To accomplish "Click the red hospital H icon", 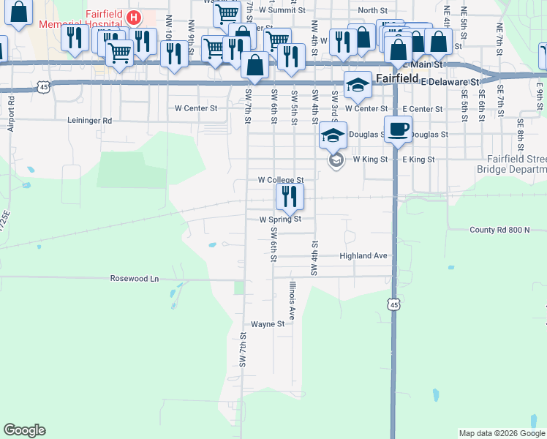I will [x=134, y=17].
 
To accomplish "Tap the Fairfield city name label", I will [x=396, y=78].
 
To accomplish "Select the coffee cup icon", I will [x=398, y=130].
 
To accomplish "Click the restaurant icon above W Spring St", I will [x=290, y=196].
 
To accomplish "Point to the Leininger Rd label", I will [x=90, y=121].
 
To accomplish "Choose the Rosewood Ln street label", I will [x=134, y=279].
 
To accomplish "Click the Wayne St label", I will [x=268, y=323].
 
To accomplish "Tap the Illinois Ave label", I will [x=292, y=301].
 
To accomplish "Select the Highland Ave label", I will [x=363, y=256].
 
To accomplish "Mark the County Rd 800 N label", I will [x=499, y=230].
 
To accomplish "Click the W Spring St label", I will [x=280, y=219].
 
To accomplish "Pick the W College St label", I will [x=280, y=180].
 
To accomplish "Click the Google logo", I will [x=24, y=430].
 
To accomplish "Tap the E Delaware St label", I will [x=449, y=82].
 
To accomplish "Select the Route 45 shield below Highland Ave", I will [x=394, y=304].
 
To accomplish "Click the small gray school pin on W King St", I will [x=336, y=160].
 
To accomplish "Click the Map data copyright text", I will [x=502, y=433].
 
